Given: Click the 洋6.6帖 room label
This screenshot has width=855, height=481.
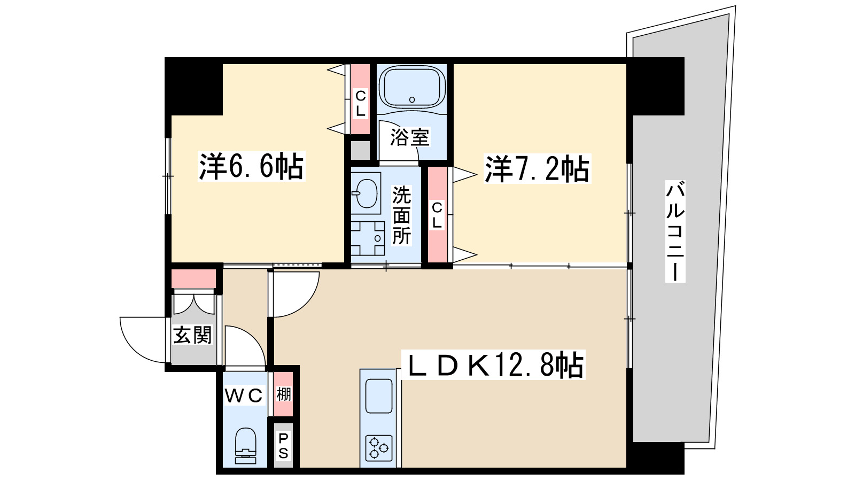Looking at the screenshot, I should point(251,166).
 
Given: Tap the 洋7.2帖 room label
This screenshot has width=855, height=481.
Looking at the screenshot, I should point(537,169).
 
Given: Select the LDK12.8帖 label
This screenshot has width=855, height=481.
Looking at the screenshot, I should point(493,366).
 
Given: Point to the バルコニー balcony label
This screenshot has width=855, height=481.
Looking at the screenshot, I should point(675,231).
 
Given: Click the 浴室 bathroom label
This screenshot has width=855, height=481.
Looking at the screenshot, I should point(409,137).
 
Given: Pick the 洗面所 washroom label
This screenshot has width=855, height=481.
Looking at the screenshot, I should point(401,215).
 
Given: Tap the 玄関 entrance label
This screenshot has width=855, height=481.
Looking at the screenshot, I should point(192,335).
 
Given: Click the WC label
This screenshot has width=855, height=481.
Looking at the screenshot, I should point(244,395).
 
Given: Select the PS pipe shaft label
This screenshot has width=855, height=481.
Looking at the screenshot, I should point(283,446).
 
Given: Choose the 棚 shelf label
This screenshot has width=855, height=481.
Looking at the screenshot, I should point(284,394).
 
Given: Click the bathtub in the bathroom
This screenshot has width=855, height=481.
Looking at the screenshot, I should point(411,88).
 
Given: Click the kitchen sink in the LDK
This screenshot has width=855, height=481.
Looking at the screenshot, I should point(379,396).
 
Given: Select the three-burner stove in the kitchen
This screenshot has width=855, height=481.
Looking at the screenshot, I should point(379,447).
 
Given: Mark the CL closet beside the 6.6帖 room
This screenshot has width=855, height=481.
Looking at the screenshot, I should point(361,99).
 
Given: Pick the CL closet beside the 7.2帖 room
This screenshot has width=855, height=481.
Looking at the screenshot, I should point(437,215).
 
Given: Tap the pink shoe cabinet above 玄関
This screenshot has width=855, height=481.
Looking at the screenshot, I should point(193,279).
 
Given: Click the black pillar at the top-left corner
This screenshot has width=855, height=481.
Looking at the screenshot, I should point(193,86).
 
